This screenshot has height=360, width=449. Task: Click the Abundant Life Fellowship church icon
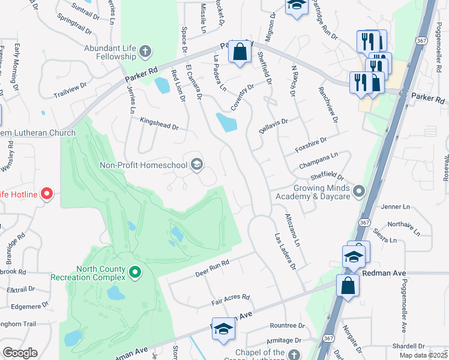click(x=145, y=52)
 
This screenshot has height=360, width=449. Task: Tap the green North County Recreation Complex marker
click(x=135, y=273)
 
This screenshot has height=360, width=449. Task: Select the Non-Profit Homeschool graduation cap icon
click(x=196, y=164)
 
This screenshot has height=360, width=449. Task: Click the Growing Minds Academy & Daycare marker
click(x=359, y=191)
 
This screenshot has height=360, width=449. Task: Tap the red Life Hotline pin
click(x=47, y=194)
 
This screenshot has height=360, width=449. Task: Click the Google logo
click(x=20, y=353)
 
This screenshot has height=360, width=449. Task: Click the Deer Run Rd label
click(x=212, y=268)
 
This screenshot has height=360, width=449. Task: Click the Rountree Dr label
click(x=288, y=326)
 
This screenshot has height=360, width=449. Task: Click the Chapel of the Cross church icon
click(x=294, y=355)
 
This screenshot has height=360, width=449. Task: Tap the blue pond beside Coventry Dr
click(x=227, y=124)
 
